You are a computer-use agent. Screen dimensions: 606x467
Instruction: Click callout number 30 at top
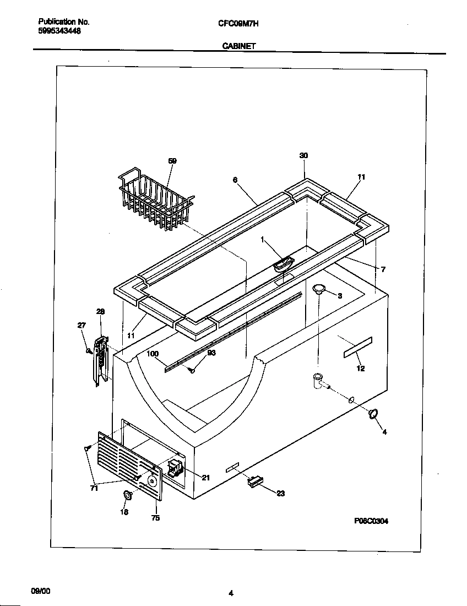(x=303, y=156)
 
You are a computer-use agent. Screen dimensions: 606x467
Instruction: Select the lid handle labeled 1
(x=283, y=264)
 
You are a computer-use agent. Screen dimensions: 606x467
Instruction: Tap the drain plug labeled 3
(x=319, y=289)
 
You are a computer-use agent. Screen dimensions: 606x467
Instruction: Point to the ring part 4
(x=374, y=414)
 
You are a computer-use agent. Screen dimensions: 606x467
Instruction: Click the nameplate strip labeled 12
(x=358, y=348)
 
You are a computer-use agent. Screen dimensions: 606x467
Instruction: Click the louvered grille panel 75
(x=132, y=466)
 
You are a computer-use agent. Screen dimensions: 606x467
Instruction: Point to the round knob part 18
(x=128, y=495)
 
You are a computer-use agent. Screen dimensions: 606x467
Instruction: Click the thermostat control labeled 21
(x=175, y=469)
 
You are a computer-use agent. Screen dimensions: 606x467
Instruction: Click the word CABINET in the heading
(x=238, y=47)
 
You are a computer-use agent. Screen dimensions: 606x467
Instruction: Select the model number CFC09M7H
(x=238, y=23)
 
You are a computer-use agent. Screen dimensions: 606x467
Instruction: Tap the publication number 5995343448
(x=60, y=31)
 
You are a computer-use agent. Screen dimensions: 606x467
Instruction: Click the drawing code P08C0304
(x=371, y=521)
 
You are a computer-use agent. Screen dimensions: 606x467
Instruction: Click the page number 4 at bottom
(x=231, y=593)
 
